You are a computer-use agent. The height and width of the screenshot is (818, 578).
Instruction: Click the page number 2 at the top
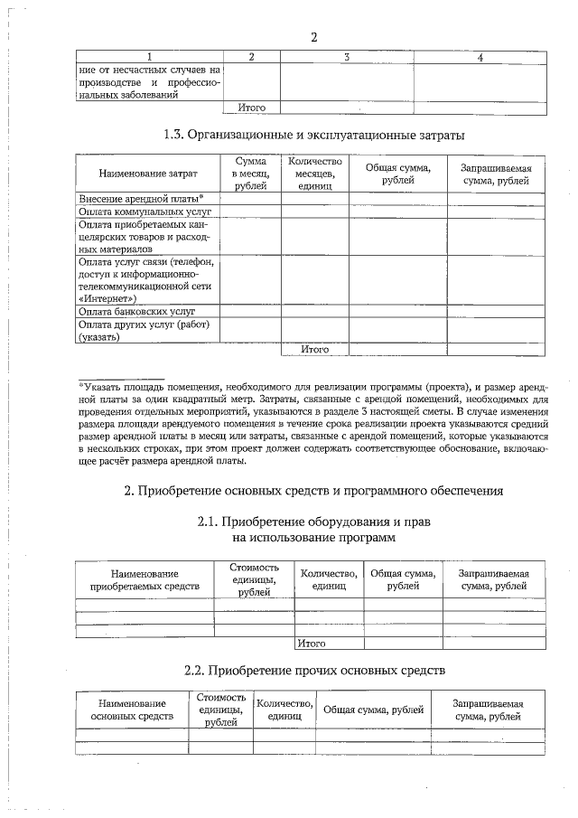click(x=313, y=37)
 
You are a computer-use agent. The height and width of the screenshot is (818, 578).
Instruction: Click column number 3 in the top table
click(x=347, y=57)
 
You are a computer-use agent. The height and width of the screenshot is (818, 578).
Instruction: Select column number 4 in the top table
click(x=480, y=57)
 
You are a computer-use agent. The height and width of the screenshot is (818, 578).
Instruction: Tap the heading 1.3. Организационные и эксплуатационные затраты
click(x=313, y=136)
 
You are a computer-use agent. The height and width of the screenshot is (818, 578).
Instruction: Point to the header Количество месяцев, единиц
click(x=314, y=173)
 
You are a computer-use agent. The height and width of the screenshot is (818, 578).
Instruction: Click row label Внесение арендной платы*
click(x=140, y=198)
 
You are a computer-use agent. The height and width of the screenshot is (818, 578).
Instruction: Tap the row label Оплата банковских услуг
click(x=136, y=310)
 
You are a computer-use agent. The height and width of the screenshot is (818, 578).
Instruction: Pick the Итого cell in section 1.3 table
click(x=314, y=349)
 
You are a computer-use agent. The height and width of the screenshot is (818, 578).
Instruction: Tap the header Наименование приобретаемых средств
click(x=144, y=579)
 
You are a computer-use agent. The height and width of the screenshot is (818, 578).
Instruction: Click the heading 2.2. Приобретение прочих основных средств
click(x=312, y=671)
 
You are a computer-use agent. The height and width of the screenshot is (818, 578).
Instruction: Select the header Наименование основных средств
click(x=132, y=710)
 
